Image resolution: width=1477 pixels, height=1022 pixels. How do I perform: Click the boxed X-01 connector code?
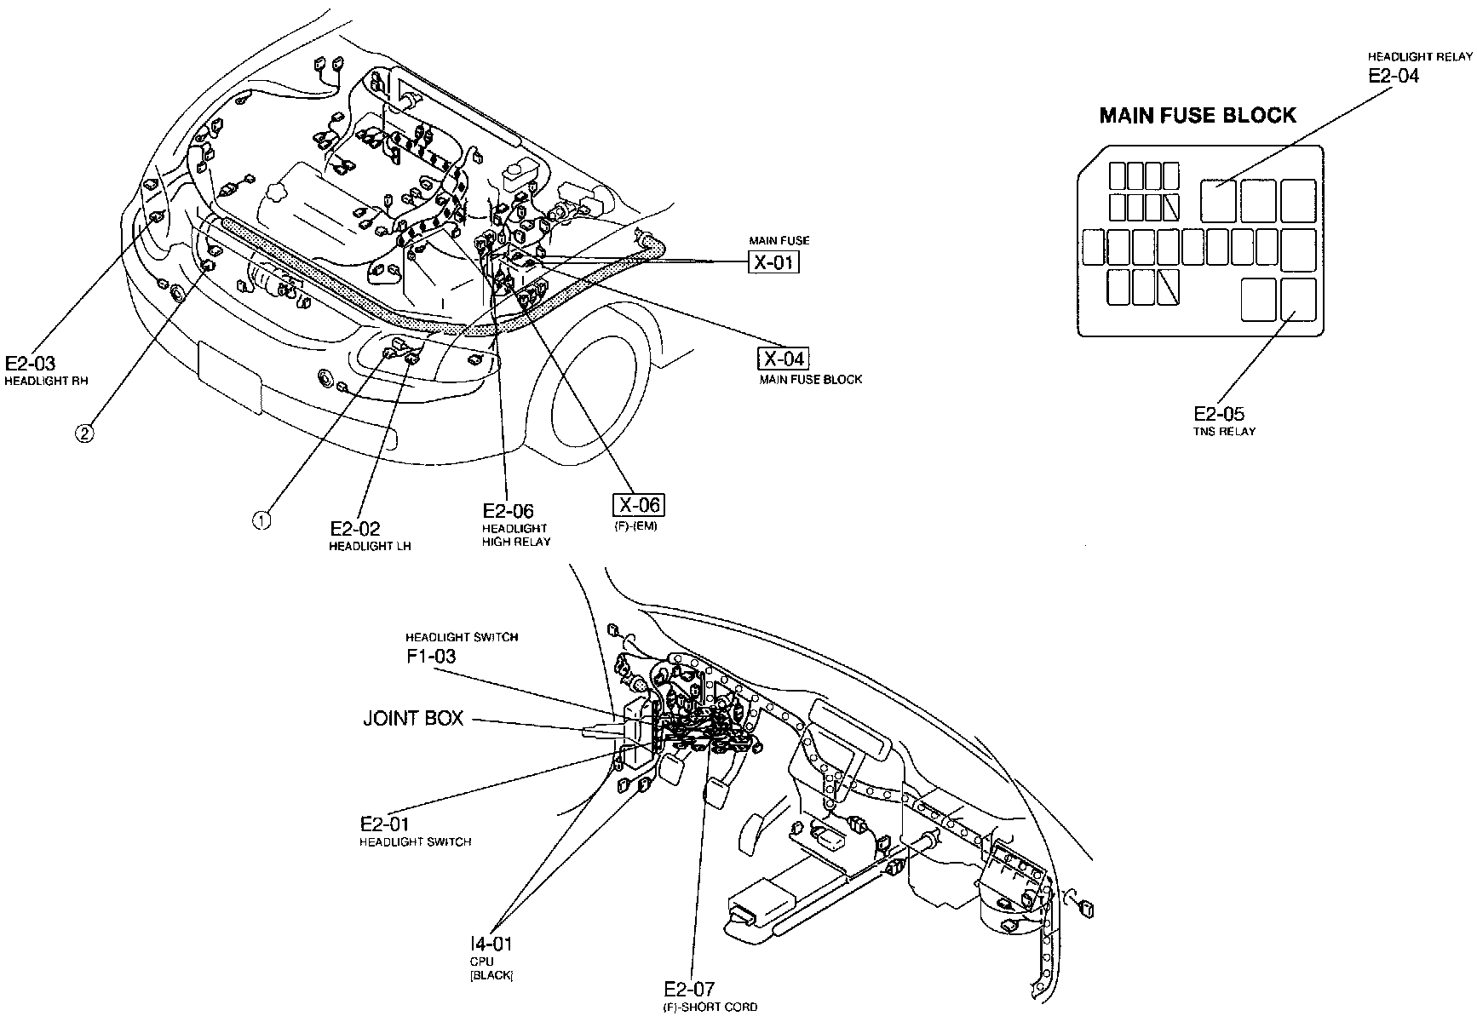[773, 261]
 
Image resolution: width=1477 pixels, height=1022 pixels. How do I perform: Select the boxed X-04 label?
[784, 359]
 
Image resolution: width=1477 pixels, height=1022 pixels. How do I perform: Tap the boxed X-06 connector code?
[638, 505]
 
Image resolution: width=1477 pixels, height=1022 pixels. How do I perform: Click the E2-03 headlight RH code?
[30, 363]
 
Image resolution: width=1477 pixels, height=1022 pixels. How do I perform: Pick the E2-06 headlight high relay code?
[508, 511]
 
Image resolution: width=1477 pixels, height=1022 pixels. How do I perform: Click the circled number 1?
[262, 520]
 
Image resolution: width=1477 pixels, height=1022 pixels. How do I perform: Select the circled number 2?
[84, 433]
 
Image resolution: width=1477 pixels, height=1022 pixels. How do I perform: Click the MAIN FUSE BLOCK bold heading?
[1198, 116]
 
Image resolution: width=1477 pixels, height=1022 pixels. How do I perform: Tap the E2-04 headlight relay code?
[1394, 75]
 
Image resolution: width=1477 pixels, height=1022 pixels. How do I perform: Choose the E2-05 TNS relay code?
[1218, 414]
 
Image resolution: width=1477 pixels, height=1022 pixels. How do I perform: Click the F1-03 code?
[430, 657]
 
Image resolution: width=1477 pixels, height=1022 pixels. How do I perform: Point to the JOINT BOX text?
[413, 719]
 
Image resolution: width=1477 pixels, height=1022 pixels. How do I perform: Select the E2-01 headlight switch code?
[384, 824]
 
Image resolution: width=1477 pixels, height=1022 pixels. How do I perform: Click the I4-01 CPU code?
[491, 944]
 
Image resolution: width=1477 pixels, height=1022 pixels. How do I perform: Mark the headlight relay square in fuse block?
[1218, 201]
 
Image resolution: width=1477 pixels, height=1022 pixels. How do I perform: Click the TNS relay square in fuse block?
[1297, 300]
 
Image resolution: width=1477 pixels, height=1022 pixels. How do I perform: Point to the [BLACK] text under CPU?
[491, 975]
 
